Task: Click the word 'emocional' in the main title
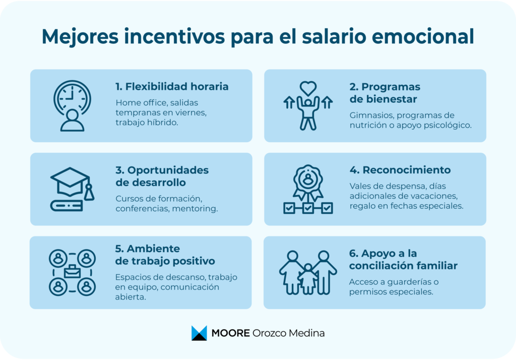tap(423, 36)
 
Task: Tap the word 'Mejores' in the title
tap(80, 37)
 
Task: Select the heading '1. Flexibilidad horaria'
tap(172, 87)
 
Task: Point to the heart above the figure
tap(308, 88)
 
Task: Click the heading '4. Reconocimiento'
tap(400, 170)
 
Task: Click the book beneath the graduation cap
tap(67, 206)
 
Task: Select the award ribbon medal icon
tap(308, 182)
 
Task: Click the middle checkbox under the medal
tap(308, 208)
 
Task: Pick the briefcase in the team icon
tap(73, 272)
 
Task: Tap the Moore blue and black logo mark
tap(199, 333)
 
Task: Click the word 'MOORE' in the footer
tap(230, 333)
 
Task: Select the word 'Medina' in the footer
tap(307, 333)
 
